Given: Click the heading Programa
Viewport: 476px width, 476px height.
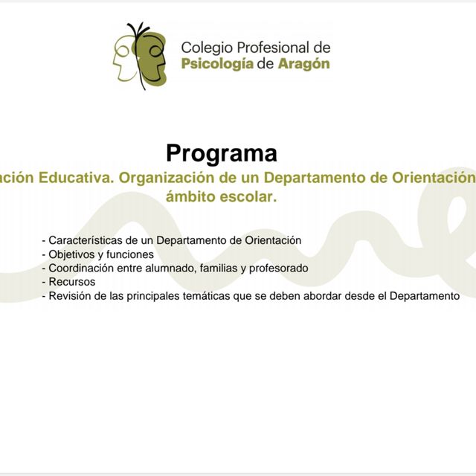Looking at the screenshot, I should point(222,153).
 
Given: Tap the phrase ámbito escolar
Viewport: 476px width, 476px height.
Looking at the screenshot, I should point(222,198).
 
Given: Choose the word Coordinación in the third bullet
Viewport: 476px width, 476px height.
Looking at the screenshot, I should point(80,268).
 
